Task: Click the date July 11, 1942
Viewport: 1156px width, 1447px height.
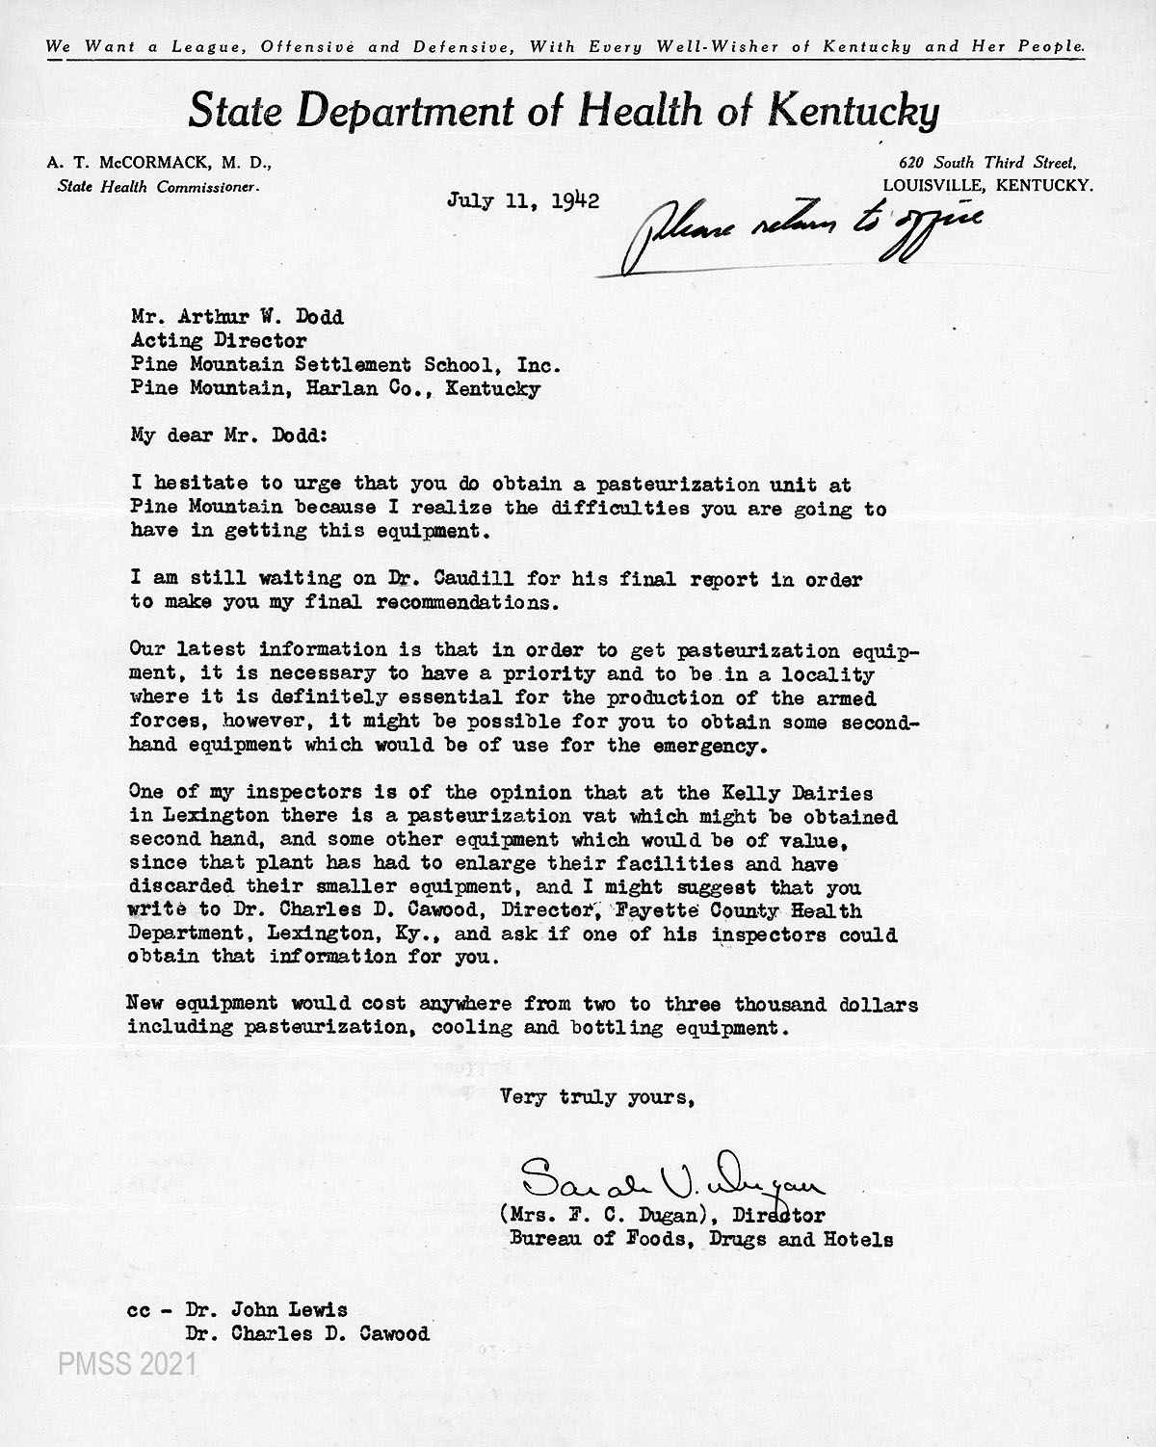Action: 523,200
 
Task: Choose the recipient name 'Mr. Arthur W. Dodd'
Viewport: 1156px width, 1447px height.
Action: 236,318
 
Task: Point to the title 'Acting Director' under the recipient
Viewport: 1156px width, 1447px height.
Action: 219,341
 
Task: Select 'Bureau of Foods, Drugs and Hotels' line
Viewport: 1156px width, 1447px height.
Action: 700,1240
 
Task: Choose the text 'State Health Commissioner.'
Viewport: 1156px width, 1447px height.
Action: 158,187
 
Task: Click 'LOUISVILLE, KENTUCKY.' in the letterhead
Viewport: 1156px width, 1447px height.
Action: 987,186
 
